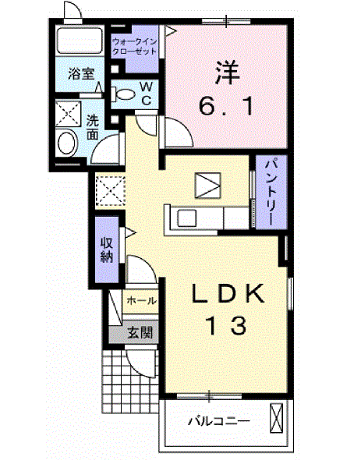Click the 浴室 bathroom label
[x=81, y=74]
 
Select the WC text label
[x=146, y=94]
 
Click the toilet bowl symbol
[x=124, y=94]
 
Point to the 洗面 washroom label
[x=93, y=127]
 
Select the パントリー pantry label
[x=267, y=192]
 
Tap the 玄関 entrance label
[x=140, y=332]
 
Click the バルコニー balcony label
[x=218, y=422]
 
